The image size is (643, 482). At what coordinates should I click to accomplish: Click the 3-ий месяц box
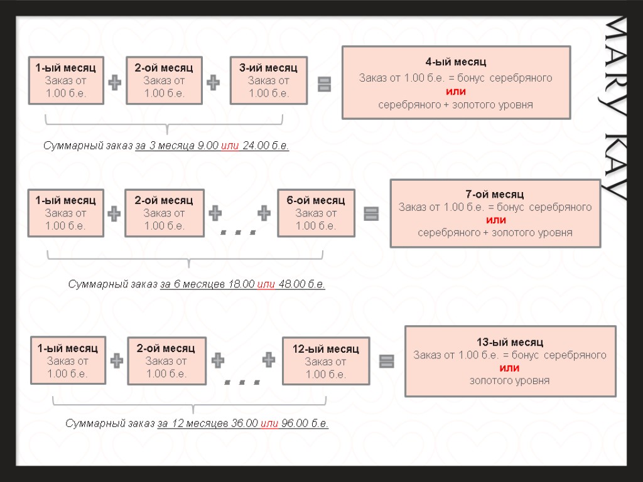[268, 80]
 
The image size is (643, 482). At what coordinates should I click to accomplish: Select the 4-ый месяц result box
[456, 83]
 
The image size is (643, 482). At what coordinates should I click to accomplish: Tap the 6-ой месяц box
[316, 213]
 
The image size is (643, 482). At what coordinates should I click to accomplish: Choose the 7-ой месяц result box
[495, 213]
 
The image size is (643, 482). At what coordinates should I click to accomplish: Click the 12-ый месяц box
[325, 361]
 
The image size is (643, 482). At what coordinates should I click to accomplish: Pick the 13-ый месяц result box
[510, 361]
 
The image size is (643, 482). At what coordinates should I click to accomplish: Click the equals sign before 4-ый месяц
[325, 84]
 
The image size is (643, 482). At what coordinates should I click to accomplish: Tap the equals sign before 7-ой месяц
[371, 214]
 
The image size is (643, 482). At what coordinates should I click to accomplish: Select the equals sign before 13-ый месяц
[387, 361]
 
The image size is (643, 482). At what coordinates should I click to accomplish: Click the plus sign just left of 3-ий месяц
[214, 82]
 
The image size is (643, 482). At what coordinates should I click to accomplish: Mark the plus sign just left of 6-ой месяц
[264, 213]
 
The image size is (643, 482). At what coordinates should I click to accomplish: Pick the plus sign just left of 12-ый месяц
[269, 360]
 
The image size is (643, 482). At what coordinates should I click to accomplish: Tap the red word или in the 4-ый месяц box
[456, 92]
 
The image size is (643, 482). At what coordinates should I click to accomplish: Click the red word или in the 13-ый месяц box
[509, 368]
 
